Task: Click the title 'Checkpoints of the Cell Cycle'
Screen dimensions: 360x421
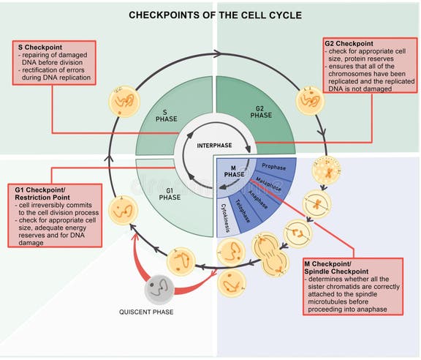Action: coord(210,15)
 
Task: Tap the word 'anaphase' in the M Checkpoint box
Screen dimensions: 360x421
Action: coord(372,309)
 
